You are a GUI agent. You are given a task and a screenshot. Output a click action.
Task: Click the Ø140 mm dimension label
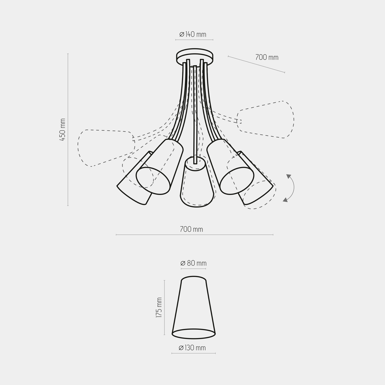[x=193, y=34]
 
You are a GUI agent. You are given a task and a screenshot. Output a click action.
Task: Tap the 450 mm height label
[x=63, y=130]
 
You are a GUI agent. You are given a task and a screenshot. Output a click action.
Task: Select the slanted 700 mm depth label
[x=267, y=57]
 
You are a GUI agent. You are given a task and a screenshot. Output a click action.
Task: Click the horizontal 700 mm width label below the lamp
[x=191, y=229]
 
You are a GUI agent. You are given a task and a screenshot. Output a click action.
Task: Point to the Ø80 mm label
[x=193, y=263]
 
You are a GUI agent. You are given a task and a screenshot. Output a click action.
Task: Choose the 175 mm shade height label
[x=159, y=307]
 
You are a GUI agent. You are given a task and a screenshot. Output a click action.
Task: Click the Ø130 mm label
[x=192, y=348]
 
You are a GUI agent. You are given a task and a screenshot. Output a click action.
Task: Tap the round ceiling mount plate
[x=195, y=56]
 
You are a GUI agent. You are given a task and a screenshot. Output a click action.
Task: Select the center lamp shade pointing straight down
[x=196, y=183]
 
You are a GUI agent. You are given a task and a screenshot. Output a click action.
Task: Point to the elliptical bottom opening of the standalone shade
[x=193, y=334]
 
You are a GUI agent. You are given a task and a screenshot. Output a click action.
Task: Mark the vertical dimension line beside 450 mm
[x=68, y=130]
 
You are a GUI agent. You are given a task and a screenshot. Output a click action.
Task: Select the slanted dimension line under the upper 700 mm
[x=256, y=64]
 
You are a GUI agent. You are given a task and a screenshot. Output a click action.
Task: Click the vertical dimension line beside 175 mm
[x=165, y=307]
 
